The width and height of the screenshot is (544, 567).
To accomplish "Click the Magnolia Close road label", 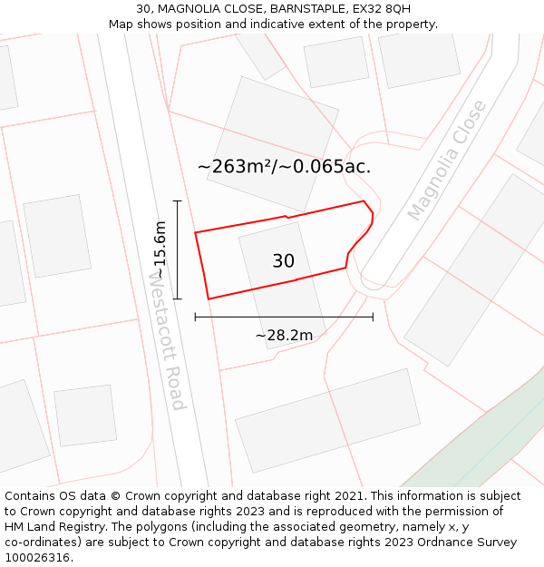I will click(447, 161).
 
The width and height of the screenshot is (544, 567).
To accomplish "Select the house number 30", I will click(283, 261).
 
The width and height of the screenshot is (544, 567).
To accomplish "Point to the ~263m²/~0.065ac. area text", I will click(284, 167).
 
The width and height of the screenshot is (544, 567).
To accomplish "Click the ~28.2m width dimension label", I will click(284, 336).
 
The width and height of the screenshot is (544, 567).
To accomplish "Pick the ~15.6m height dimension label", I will click(160, 249).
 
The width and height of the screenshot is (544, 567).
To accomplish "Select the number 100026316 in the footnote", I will click(37, 557).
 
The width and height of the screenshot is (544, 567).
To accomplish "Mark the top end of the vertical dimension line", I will click(178, 201).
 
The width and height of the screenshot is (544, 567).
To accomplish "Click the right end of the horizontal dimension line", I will click(373, 317).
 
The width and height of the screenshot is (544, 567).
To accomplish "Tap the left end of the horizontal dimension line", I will click(196, 317).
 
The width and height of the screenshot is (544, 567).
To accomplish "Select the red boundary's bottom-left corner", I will click(209, 298).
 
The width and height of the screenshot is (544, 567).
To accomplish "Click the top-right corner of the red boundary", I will click(364, 201).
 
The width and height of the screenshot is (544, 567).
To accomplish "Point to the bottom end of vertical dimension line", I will click(178, 298).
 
